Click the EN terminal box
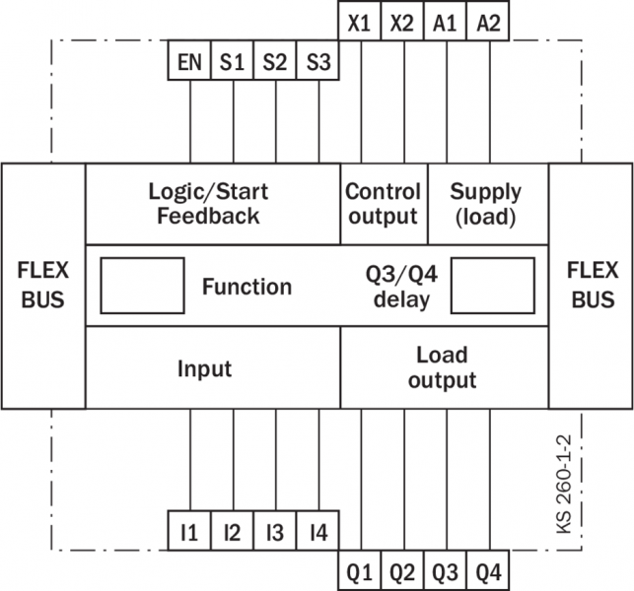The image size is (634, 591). pyautogui.click(x=189, y=62)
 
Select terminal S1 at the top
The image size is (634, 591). pyautogui.click(x=233, y=62)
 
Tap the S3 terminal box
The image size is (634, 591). pyautogui.click(x=317, y=62)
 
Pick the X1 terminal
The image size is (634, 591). pyautogui.click(x=360, y=22)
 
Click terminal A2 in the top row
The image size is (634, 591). pyautogui.click(x=489, y=22)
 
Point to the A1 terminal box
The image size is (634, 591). pyautogui.click(x=446, y=22)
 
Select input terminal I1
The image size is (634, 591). pyautogui.click(x=189, y=533)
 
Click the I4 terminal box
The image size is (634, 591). pyautogui.click(x=317, y=533)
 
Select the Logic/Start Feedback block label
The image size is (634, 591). pyautogui.click(x=208, y=203)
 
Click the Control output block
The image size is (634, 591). pyautogui.click(x=384, y=203)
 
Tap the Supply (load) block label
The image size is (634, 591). pyautogui.click(x=486, y=203)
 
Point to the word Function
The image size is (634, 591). pyautogui.click(x=247, y=287)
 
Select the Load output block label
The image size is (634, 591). pyautogui.click(x=442, y=366)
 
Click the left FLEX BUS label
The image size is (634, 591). pyautogui.click(x=42, y=285)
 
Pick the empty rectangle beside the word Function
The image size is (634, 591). pyautogui.click(x=143, y=286)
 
